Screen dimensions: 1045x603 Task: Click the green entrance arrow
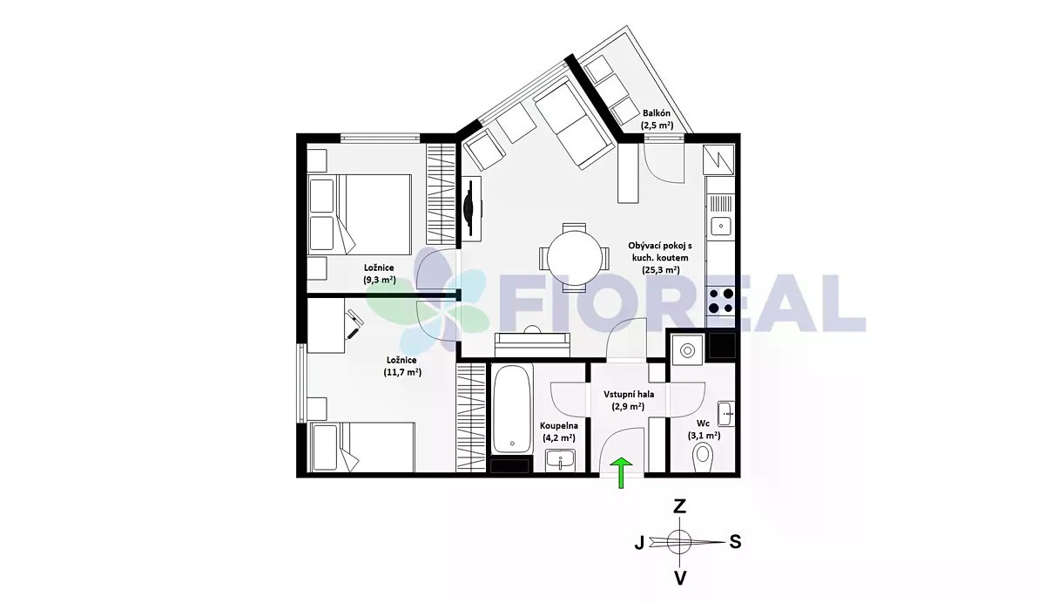pyautogui.click(x=621, y=472)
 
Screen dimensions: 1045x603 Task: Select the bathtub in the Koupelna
pyautogui.click(x=511, y=410)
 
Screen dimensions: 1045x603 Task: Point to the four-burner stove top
pyautogui.click(x=721, y=301)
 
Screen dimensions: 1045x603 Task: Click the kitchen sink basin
pyautogui.click(x=721, y=227)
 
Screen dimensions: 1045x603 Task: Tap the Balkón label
pyautogui.click(x=657, y=113)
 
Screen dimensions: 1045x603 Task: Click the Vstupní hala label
pyautogui.click(x=629, y=395)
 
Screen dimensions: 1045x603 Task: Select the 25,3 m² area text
pyautogui.click(x=661, y=270)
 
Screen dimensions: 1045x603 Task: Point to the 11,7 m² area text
pyautogui.click(x=402, y=372)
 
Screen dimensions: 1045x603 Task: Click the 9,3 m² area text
pyautogui.click(x=380, y=280)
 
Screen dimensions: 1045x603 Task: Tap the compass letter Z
pyautogui.click(x=680, y=506)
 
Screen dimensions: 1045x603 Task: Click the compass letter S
pyautogui.click(x=735, y=542)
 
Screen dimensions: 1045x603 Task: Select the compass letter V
pyautogui.click(x=681, y=579)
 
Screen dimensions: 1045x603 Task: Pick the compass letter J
pyautogui.click(x=639, y=542)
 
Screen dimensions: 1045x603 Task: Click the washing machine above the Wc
pyautogui.click(x=687, y=350)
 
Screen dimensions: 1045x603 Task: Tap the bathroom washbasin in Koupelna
pyautogui.click(x=560, y=460)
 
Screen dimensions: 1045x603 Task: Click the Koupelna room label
pyautogui.click(x=559, y=425)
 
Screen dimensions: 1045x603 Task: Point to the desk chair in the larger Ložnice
pyautogui.click(x=354, y=324)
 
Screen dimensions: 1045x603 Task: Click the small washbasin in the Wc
pyautogui.click(x=726, y=414)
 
